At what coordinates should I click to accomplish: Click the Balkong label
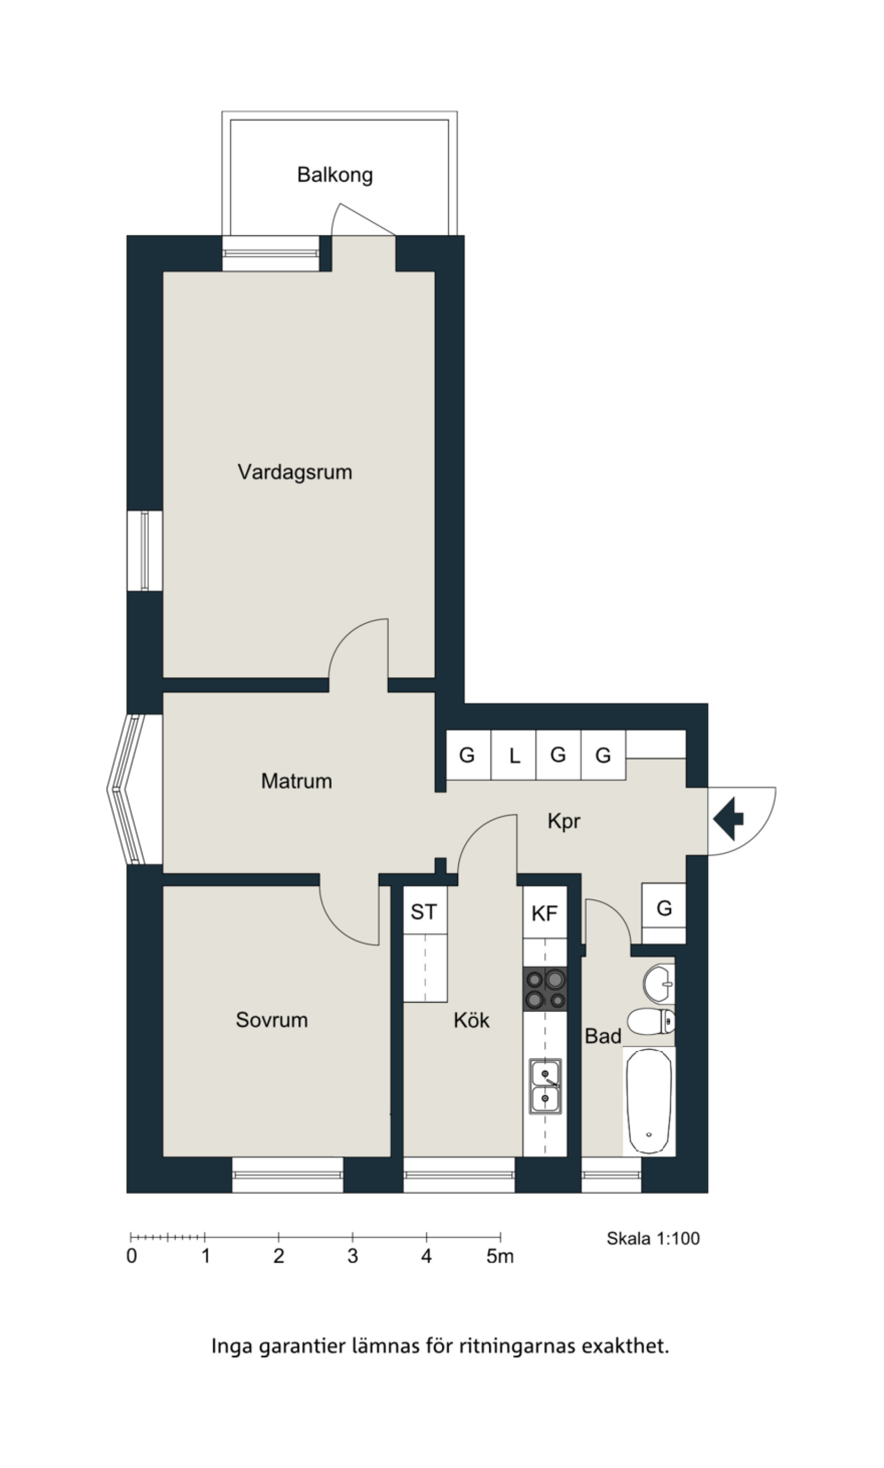[x=335, y=175]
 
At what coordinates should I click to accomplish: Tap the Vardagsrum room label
[x=295, y=473]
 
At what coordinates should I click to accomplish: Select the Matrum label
[x=296, y=781]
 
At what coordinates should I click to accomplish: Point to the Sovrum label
[x=271, y=1020]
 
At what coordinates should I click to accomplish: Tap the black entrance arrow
[x=728, y=819]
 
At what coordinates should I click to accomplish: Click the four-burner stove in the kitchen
[x=544, y=989]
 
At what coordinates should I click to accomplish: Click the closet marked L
[x=513, y=755]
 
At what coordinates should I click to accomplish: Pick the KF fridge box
[x=544, y=913]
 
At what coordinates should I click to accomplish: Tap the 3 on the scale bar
[x=352, y=1257]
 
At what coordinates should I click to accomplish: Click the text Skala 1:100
[x=653, y=1238]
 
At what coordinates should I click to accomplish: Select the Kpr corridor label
[x=564, y=821]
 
